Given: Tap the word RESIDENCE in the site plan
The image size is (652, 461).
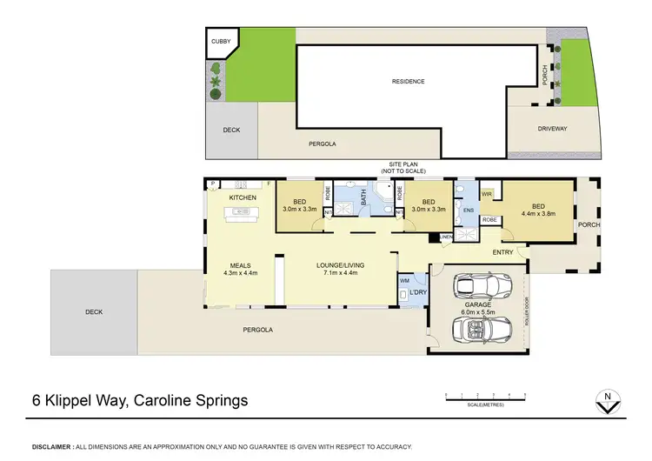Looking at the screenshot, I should pos(407,82).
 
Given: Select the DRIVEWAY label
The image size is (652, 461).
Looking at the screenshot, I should pos(552,129).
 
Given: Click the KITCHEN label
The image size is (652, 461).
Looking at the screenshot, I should pos(243,198).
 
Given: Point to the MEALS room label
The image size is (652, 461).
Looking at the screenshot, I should pos(241,265).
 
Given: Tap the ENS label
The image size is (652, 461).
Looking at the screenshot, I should pos(468,210).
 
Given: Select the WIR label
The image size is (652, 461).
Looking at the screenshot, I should pos(487,194).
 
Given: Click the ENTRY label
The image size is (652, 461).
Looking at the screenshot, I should pos(502,252).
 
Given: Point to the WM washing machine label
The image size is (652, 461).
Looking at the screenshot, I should pos(405,280).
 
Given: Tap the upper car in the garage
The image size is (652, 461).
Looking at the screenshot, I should pos(476,286).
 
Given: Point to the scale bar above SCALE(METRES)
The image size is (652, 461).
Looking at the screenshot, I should pos(486,397).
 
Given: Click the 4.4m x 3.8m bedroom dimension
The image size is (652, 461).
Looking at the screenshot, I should pos(539,213).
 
